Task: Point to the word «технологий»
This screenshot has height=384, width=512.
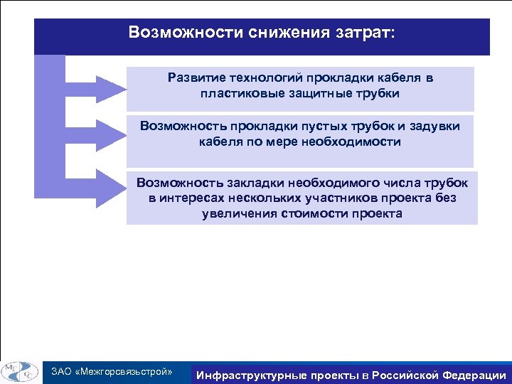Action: (264, 77)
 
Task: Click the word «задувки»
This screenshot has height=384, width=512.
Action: (433, 126)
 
